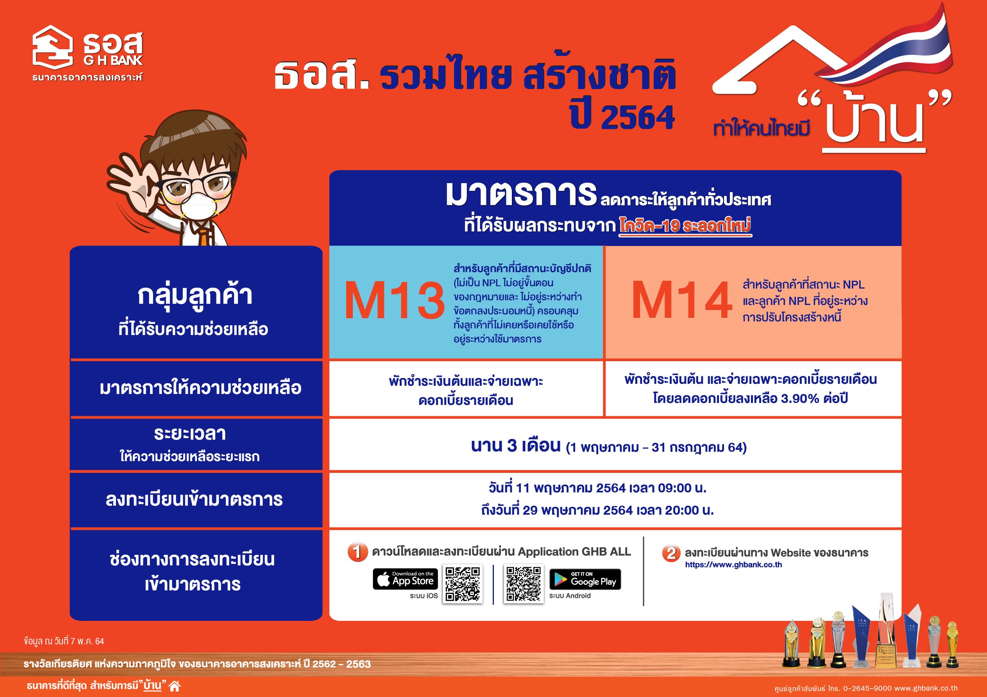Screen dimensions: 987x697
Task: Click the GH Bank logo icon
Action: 52,47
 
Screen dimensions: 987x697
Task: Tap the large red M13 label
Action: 395,300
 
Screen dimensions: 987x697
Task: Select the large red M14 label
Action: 681,300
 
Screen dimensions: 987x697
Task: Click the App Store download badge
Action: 405,579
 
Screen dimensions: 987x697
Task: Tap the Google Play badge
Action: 585,579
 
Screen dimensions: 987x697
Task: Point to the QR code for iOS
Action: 463,583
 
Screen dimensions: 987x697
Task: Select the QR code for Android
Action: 523,583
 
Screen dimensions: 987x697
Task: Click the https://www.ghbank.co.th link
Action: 733,565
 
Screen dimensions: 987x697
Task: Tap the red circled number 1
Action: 358,552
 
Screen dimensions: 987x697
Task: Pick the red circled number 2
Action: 671,553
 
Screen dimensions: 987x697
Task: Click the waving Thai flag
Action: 890,47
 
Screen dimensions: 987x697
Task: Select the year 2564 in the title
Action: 638,117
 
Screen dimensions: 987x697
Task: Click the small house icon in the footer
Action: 175,686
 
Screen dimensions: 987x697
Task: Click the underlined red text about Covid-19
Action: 685,226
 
